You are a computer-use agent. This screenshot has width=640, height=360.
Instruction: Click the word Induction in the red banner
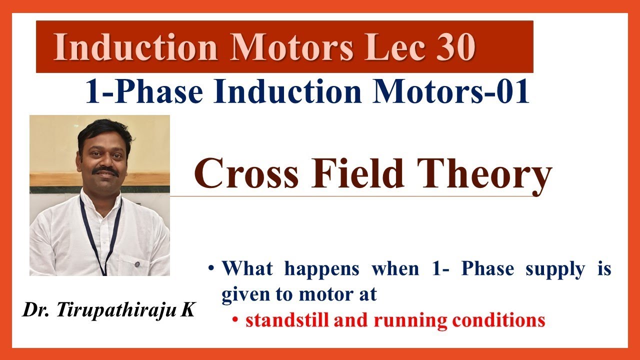tap(135, 48)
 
